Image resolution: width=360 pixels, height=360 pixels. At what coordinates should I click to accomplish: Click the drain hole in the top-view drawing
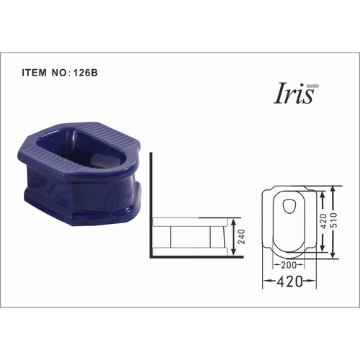(292, 207)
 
